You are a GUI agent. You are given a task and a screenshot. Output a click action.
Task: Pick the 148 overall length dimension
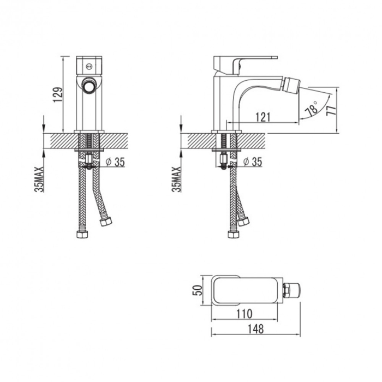255,329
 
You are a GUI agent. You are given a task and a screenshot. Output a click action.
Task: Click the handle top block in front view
88,64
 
